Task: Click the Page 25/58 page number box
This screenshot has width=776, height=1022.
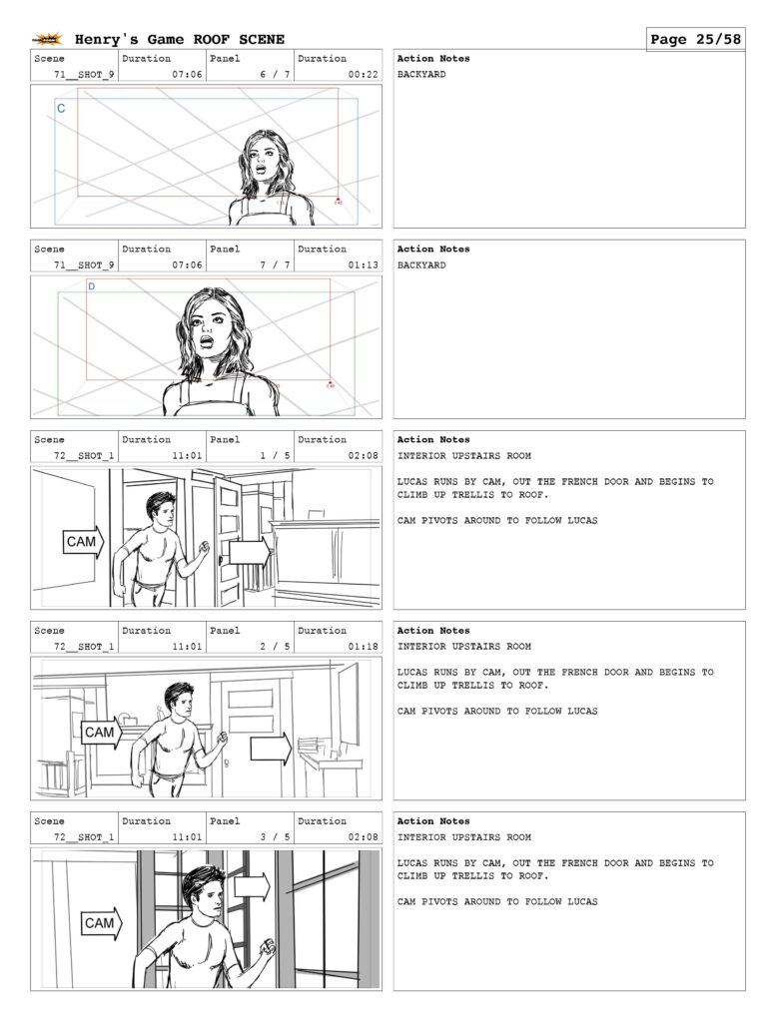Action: (x=695, y=39)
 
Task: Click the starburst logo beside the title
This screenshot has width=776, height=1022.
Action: (x=48, y=40)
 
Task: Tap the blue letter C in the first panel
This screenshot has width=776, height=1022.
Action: (x=61, y=108)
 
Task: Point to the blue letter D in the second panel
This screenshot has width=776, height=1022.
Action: (x=91, y=286)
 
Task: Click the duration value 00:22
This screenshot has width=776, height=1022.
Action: (x=363, y=74)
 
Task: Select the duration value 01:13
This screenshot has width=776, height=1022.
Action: (x=363, y=265)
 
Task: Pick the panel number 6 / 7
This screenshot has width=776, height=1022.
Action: (x=276, y=74)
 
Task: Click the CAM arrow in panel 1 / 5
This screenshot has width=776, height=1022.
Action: (x=84, y=542)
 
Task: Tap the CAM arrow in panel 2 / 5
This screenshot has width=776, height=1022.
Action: (x=102, y=733)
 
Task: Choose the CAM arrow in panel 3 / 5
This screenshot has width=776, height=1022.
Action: (x=102, y=923)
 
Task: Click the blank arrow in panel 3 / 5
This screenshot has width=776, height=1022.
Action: (x=252, y=887)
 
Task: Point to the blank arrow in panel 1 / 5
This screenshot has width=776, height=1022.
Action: (x=250, y=553)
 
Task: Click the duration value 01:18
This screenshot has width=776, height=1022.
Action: (x=363, y=647)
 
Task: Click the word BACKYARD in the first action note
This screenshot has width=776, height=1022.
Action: (x=421, y=74)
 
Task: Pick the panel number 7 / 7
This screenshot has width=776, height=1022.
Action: (x=276, y=265)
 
